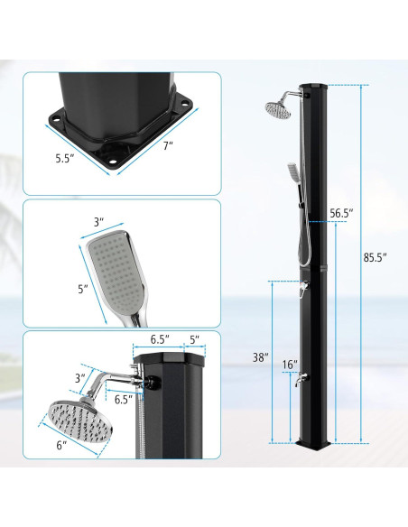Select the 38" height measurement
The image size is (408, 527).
point(260,357)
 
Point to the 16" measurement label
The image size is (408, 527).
point(289,365)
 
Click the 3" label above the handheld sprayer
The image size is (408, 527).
point(98,220)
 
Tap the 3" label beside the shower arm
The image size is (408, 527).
point(79,377)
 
